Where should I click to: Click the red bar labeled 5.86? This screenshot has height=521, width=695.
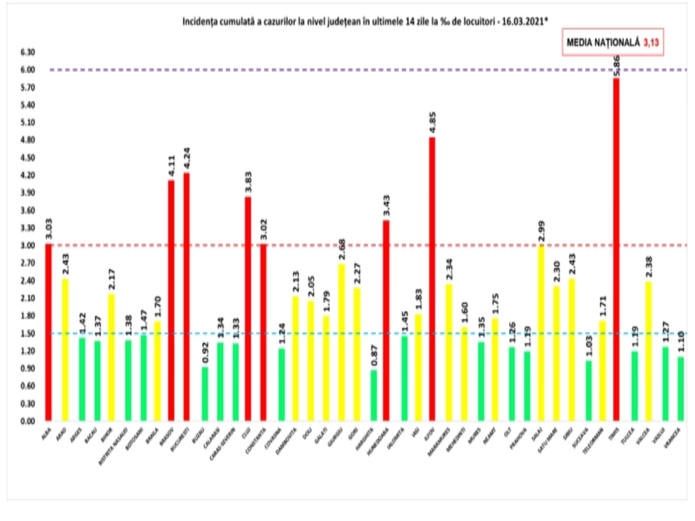point(616,250)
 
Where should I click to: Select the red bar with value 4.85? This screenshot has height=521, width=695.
point(432,279)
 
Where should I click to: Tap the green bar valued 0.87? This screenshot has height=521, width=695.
point(374,395)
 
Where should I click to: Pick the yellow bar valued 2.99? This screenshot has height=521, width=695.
point(541,333)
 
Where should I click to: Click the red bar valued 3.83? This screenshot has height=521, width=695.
point(248,309)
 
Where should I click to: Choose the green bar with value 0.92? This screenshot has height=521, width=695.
point(205,394)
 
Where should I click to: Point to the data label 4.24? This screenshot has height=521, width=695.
point(187,159)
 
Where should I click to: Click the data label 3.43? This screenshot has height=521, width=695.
point(386,207)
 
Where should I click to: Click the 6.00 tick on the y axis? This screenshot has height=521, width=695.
point(27,70)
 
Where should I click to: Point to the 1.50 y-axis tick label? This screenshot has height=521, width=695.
point(27,333)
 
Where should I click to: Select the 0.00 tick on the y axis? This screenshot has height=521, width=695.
point(27,421)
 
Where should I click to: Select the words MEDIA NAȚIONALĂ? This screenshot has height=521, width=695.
point(603,42)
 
